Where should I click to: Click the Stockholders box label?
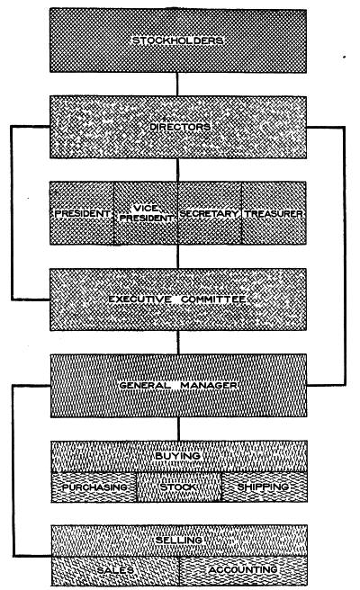[177, 40]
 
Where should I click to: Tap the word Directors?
[180, 127]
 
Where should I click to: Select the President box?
[82, 213]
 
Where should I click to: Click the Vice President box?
[146, 213]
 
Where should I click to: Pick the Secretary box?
[210, 213]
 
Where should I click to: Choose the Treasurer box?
[274, 213]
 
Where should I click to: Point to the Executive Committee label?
[177, 299]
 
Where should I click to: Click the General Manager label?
[177, 385]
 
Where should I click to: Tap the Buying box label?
[177, 456]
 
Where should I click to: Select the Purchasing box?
[94, 487]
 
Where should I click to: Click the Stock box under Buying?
[179, 487]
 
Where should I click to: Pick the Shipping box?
[265, 487]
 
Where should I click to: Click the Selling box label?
[179, 540]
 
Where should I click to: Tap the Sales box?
[115, 571]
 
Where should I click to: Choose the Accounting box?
[243, 571]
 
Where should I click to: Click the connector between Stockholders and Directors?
[177, 85]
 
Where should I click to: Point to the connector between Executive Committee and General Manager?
[178, 343]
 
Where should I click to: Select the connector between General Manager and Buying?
[178, 429]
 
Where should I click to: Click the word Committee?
[214, 299]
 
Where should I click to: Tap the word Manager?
[209, 385]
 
